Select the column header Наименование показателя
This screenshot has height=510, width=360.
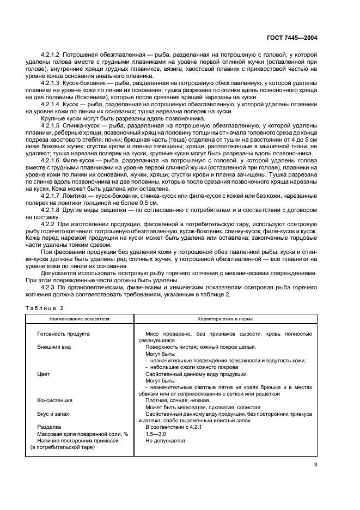(x=80, y=318)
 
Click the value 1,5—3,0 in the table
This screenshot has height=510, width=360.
(x=156, y=434)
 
